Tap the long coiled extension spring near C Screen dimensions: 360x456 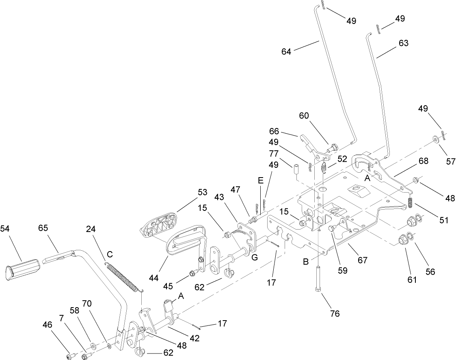123,277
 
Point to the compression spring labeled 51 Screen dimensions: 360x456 411,202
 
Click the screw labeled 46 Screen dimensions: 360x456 69,356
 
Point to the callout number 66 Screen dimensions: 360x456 275,131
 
